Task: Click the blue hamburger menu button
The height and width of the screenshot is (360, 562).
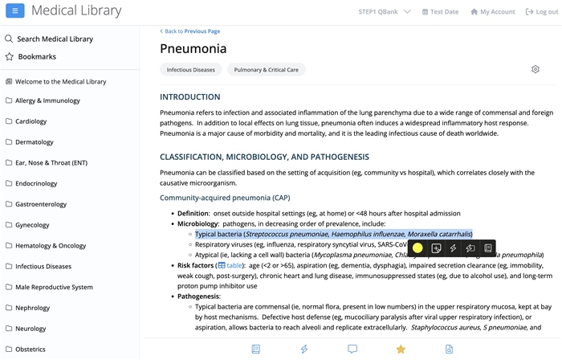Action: (15, 11)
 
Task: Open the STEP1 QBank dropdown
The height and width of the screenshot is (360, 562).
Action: (385, 12)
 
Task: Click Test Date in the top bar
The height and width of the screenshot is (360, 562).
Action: (440, 12)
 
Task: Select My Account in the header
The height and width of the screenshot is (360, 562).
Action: (493, 12)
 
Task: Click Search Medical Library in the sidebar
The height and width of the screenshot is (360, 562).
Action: (55, 39)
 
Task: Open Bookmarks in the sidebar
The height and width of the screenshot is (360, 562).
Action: (36, 57)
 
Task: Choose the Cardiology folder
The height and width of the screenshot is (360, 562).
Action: (31, 122)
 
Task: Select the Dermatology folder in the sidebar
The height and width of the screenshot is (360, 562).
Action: (35, 142)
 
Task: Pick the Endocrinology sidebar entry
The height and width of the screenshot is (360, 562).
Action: (36, 184)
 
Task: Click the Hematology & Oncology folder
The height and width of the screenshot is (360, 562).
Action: (51, 246)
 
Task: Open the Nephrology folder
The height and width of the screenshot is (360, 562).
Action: (32, 308)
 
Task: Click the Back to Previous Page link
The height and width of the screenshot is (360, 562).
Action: (190, 31)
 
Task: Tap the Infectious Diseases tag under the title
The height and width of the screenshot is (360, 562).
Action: (191, 70)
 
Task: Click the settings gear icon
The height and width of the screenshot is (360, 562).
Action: (536, 70)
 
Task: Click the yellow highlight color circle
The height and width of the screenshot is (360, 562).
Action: (417, 248)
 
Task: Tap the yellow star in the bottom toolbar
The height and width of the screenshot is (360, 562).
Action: (401, 350)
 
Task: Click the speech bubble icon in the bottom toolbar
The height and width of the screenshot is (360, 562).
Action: (352, 350)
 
